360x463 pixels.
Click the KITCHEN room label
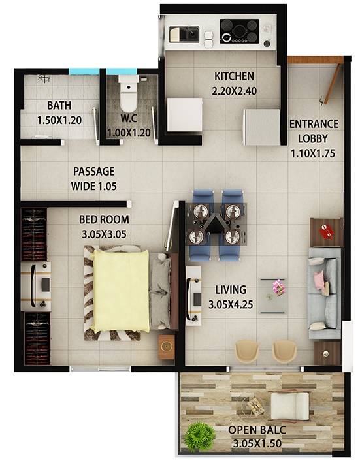coord(234,76)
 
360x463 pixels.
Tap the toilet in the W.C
coord(129,92)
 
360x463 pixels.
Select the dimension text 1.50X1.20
coord(59,120)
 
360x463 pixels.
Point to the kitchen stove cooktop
coord(239,31)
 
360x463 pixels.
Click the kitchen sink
coord(184,34)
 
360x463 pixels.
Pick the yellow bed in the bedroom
coord(121,291)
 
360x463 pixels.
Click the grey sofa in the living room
coord(324,293)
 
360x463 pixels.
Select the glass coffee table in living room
coord(272,296)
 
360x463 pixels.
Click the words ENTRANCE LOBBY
coord(314,131)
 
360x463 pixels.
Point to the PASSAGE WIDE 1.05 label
coord(94,179)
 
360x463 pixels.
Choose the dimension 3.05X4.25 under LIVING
coord(231,304)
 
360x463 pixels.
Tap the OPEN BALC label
coord(257,430)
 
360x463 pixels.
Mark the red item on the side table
coord(327,231)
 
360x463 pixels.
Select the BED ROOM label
coord(104,219)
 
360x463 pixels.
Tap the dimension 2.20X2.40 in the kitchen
coord(234,91)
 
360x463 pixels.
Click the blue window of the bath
coord(84,71)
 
